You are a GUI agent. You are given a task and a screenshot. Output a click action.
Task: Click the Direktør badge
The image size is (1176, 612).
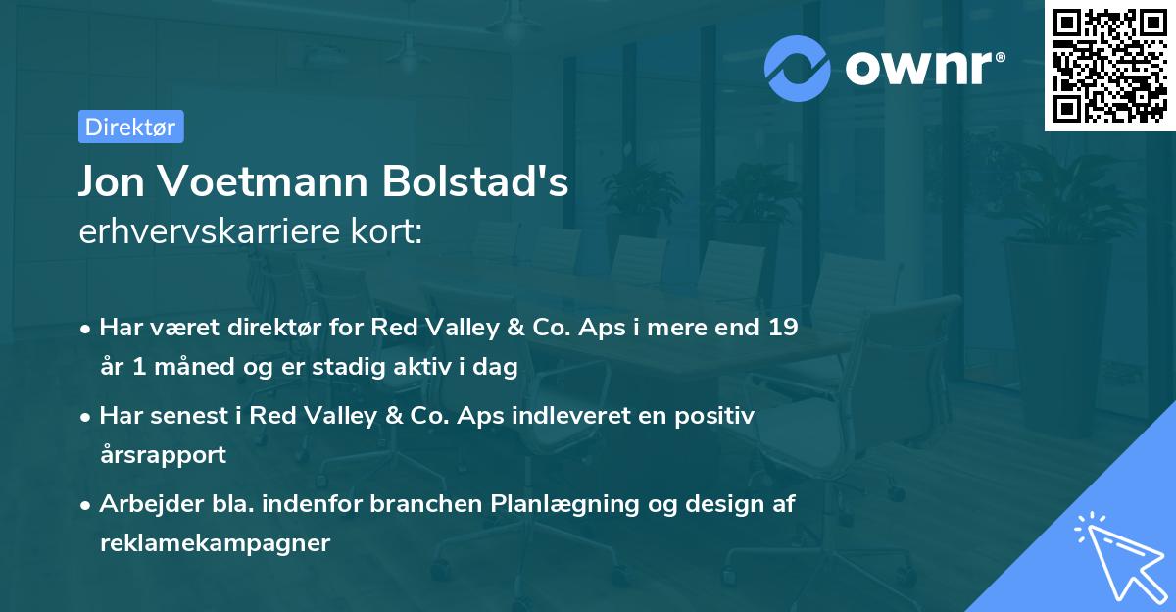130,127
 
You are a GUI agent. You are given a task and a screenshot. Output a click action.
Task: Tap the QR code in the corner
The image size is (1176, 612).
1109,65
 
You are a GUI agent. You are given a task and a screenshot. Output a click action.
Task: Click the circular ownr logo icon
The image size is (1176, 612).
798,68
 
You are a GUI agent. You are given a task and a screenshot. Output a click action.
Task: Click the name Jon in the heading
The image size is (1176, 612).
114,181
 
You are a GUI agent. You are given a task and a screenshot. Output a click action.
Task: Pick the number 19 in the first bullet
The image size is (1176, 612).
782,328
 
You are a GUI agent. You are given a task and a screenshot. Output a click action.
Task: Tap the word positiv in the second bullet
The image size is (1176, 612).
719,415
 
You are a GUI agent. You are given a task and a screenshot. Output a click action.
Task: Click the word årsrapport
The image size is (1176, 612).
163,454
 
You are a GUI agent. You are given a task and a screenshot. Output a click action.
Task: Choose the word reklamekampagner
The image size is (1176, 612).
215,542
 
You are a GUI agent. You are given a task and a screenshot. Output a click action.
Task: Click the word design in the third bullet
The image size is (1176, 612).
721,503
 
